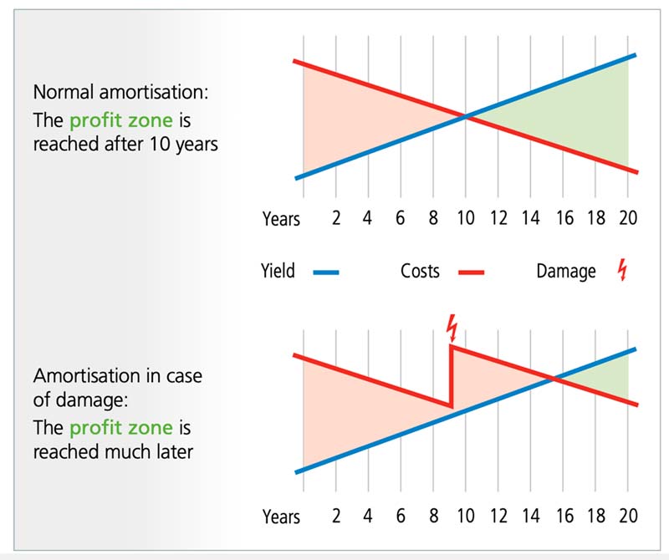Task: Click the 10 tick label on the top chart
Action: click(466, 218)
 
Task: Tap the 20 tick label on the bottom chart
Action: click(628, 516)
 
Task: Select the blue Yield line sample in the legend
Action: click(326, 272)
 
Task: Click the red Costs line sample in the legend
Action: click(471, 272)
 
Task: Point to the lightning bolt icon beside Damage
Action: click(623, 269)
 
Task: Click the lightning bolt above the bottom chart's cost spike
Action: click(452, 328)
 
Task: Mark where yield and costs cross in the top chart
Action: click(466, 116)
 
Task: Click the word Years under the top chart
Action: click(281, 219)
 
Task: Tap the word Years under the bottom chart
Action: click(281, 517)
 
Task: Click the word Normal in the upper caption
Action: click(64, 92)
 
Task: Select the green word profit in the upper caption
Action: click(96, 120)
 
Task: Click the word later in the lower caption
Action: click(176, 451)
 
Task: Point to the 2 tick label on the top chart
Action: click(336, 218)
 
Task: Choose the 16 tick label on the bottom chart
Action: click(564, 516)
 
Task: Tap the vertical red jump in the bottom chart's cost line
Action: click(452, 376)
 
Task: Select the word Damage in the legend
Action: click(566, 272)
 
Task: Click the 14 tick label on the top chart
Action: click(530, 218)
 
